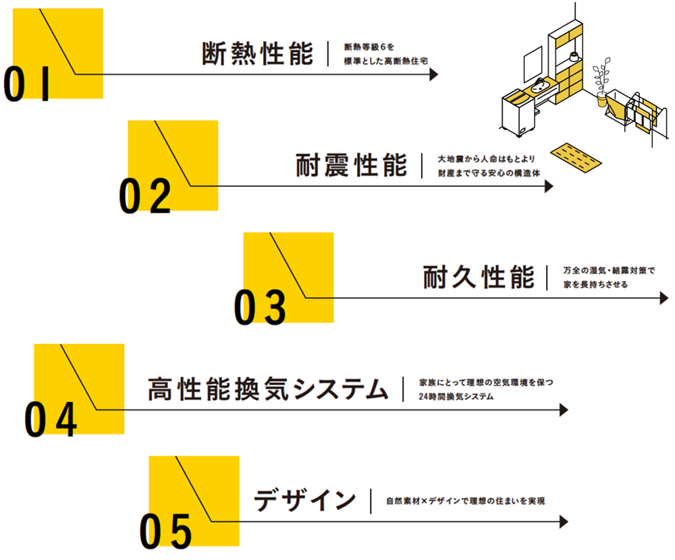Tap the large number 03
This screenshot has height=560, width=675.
coord(261,308)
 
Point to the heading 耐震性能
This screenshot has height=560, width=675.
coord(352,165)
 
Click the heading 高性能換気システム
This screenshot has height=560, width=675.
coord(269,389)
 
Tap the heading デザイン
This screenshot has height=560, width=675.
coord(305,501)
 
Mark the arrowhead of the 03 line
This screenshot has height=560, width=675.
coord(664,298)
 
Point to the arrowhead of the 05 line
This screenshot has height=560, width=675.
coord(564,522)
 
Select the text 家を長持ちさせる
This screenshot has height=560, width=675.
coord(595,285)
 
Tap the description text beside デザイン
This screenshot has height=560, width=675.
coord(465,501)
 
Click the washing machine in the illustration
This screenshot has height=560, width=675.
coord(517,114)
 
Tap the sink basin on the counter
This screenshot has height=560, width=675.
coord(538,87)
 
